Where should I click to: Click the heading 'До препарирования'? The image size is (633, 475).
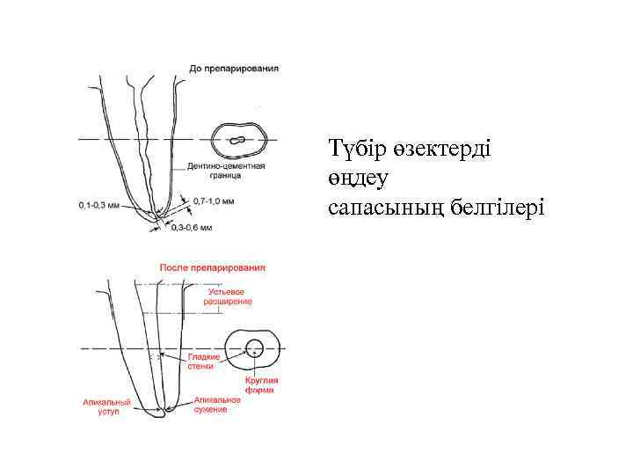tap(234, 68)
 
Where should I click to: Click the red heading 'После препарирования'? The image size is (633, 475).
tap(212, 267)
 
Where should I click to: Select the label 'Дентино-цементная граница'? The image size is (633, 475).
tap(226, 170)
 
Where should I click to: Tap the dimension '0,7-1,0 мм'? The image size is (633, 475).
tap(215, 201)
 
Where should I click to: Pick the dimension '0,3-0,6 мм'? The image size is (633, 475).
tap(193, 228)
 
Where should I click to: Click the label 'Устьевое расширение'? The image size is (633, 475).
tap(228, 296)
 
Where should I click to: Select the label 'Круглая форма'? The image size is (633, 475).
tap(261, 384)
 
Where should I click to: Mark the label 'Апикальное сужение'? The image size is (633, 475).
tap(217, 404)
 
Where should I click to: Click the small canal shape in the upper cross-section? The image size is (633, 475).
tap(236, 140)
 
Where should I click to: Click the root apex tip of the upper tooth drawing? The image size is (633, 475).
tap(156, 216)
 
